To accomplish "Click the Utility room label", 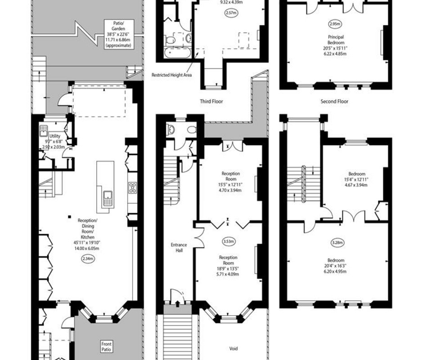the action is (x=55, y=136).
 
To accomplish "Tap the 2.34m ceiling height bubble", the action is (x=88, y=259).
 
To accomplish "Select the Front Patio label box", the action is (x=106, y=347).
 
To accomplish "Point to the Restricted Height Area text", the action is (x=171, y=75).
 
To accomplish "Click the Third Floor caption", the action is (x=211, y=101).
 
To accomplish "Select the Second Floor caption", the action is (x=334, y=101).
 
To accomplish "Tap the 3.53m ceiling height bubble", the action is (x=229, y=241).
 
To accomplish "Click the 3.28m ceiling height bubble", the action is (x=337, y=243).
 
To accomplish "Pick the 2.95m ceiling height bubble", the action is (x=335, y=24).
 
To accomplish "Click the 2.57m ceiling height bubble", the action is (x=231, y=13).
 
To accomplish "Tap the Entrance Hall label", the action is (x=179, y=248).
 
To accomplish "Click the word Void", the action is (x=234, y=348).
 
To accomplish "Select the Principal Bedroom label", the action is (x=336, y=40).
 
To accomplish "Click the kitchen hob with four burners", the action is (x=132, y=188).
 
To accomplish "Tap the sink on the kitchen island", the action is (x=108, y=198).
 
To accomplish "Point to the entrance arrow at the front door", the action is (x=177, y=304).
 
